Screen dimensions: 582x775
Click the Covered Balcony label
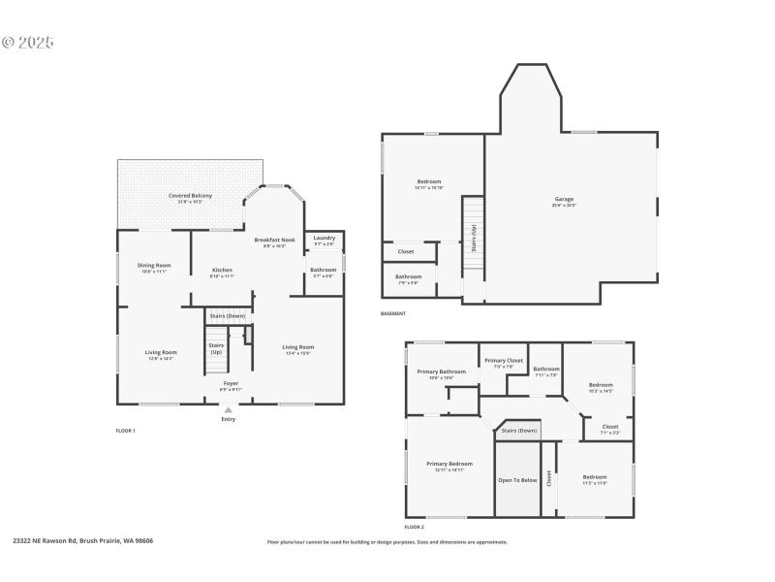pyautogui.click(x=190, y=196)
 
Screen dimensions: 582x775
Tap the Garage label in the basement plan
pyautogui.click(x=564, y=200)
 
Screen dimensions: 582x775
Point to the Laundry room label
pyautogui.click(x=325, y=238)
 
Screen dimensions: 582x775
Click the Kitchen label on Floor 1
pyautogui.click(x=222, y=270)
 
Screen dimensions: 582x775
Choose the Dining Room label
pyautogui.click(x=154, y=265)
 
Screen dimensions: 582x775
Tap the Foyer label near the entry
pyautogui.click(x=231, y=383)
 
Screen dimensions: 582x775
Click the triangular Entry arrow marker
pyautogui.click(x=229, y=409)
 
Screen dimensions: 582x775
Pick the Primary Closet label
pyautogui.click(x=504, y=361)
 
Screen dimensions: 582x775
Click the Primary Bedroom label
pyautogui.click(x=449, y=464)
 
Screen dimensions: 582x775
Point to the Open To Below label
pyautogui.click(x=517, y=480)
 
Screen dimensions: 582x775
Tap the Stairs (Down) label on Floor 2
pyautogui.click(x=519, y=430)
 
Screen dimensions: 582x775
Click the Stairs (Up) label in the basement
pyautogui.click(x=474, y=237)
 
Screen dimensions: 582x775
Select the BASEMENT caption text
pyautogui.click(x=393, y=313)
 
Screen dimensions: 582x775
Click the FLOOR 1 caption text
pyautogui.click(x=125, y=430)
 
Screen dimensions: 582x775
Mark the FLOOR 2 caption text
pyautogui.click(x=414, y=526)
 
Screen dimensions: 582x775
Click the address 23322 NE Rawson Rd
pyautogui.click(x=82, y=541)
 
